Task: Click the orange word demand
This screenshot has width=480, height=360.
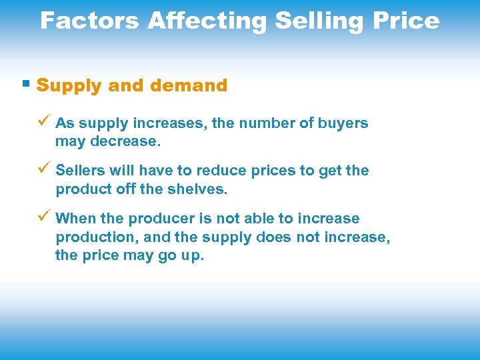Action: click(x=189, y=85)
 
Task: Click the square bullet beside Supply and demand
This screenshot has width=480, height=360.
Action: click(x=26, y=85)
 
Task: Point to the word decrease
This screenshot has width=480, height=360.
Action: click(x=127, y=141)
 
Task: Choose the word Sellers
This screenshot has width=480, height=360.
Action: click(x=81, y=171)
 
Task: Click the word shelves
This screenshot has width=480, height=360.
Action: click(x=199, y=189)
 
